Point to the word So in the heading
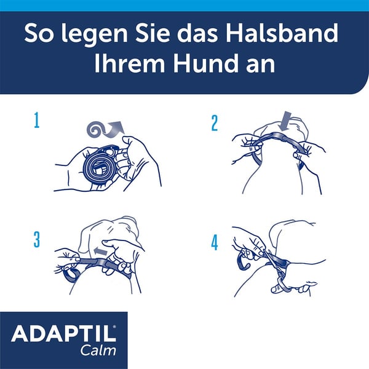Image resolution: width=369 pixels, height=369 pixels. click(x=38, y=33)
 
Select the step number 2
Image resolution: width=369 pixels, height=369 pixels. click(x=215, y=122)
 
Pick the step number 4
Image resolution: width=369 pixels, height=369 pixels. click(x=215, y=242)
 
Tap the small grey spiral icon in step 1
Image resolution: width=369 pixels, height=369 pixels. click(x=97, y=128)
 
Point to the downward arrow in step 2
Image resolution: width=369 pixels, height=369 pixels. click(x=285, y=119)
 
